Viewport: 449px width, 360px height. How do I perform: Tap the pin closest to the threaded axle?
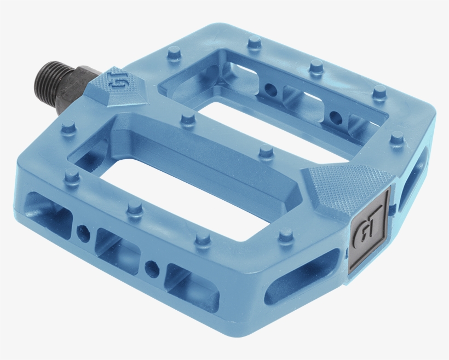point(68,128)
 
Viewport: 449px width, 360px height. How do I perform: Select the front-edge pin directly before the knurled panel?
point(285,236)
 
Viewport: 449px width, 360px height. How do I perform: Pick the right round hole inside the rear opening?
point(335,116)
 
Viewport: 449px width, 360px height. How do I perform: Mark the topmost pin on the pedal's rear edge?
point(254,42)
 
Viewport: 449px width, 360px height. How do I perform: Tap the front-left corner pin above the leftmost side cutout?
point(72,175)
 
